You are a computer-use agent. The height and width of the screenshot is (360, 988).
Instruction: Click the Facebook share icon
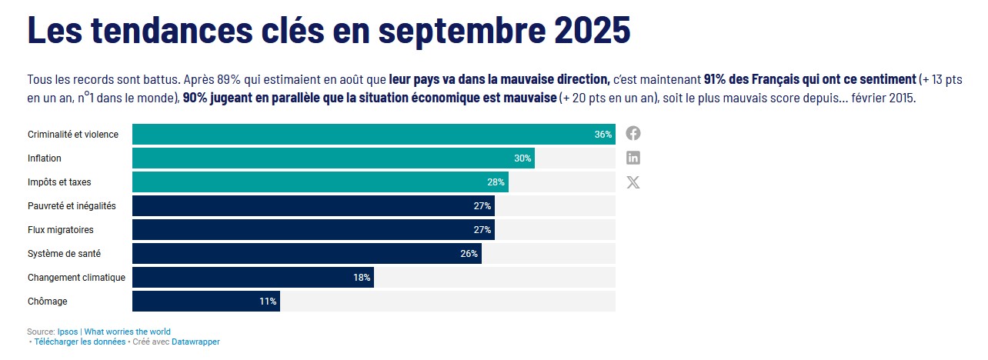(x=633, y=133)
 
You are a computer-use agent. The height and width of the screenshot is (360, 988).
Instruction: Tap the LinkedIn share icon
(x=633, y=158)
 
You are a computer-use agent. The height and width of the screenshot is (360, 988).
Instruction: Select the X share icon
(x=633, y=182)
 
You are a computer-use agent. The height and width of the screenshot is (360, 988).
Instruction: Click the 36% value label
(x=603, y=135)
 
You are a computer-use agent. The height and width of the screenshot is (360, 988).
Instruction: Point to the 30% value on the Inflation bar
(x=523, y=158)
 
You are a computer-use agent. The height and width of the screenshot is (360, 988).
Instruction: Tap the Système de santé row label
(x=64, y=254)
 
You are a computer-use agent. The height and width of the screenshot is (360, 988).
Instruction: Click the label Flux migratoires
(x=60, y=230)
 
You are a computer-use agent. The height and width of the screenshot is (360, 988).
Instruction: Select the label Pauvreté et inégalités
(x=72, y=206)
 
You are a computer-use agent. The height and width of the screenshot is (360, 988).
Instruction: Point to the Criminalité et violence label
(x=73, y=135)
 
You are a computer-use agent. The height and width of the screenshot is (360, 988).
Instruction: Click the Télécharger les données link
(x=80, y=342)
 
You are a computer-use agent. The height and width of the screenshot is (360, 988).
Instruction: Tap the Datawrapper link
(x=195, y=342)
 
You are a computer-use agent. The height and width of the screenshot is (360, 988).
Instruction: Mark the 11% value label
(x=268, y=302)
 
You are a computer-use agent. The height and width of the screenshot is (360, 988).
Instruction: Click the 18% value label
(x=362, y=278)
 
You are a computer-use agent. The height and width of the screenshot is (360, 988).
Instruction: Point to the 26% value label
(x=469, y=254)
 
